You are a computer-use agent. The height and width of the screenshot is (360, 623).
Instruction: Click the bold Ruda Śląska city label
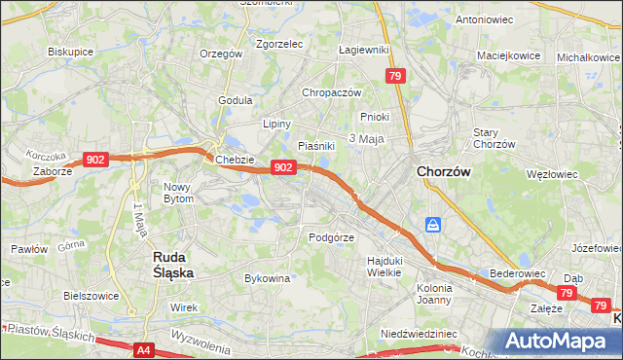[x=172, y=264]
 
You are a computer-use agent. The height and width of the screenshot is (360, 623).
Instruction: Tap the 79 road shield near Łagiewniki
[x=394, y=76]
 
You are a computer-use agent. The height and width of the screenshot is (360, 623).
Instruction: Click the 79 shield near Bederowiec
[x=568, y=292]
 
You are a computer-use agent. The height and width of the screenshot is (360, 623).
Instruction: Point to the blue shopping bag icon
[x=432, y=226]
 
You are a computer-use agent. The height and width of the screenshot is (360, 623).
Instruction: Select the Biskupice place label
[x=70, y=51]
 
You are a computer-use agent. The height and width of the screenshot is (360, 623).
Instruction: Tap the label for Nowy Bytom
[x=179, y=192]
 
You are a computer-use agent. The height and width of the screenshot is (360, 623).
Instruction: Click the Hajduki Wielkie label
[x=385, y=266]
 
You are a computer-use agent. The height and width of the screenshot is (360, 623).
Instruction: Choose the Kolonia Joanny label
[x=434, y=293]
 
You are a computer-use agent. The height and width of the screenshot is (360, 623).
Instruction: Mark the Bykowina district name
[x=268, y=278]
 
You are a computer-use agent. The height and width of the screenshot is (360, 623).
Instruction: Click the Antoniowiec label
[x=484, y=19]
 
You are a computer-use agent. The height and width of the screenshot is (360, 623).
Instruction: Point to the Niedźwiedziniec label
[x=419, y=333]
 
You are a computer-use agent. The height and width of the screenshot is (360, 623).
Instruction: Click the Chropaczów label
[x=332, y=92]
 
